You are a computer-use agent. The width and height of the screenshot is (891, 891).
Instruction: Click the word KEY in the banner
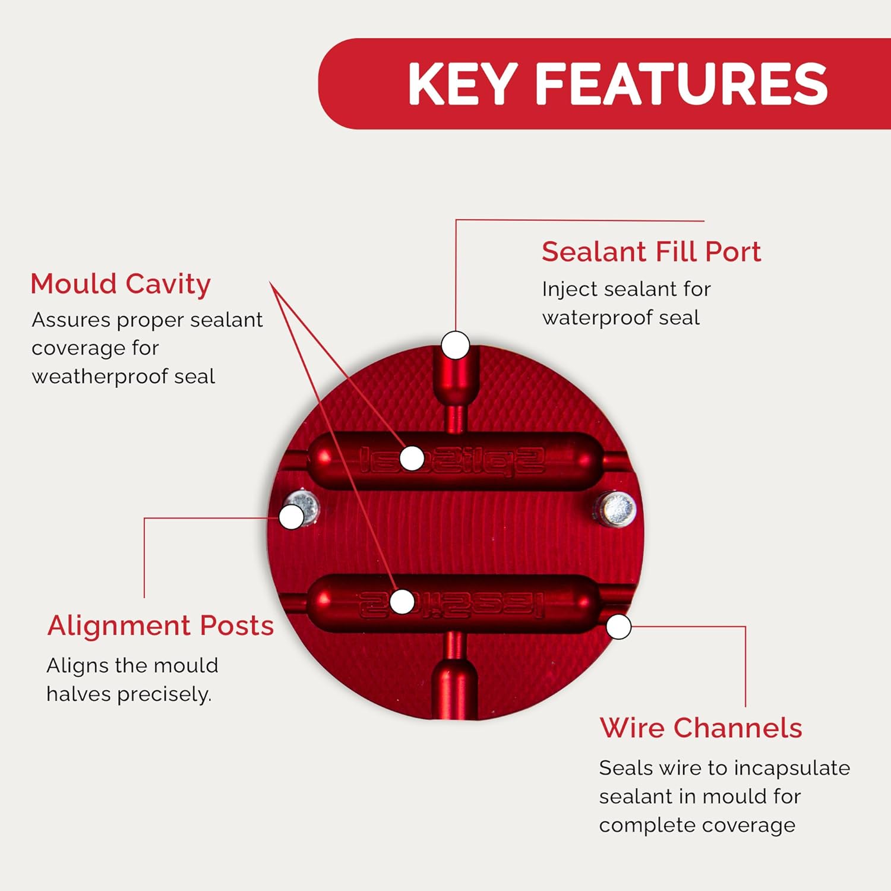coord(462,84)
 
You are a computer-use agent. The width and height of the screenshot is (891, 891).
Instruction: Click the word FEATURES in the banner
coord(681,84)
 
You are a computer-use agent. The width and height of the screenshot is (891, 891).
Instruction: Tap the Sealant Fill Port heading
coord(651,252)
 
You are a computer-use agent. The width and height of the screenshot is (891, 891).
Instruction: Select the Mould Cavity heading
coord(121,284)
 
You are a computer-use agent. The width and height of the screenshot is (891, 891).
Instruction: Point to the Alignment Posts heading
coord(160,625)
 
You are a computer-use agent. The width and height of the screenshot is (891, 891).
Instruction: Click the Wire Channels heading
coord(701,728)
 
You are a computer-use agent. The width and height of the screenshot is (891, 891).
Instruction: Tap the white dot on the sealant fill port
coord(456,345)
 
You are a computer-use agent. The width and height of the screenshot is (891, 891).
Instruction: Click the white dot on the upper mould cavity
coord(412,458)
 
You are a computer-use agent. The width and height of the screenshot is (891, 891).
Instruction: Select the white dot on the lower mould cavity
coord(402,602)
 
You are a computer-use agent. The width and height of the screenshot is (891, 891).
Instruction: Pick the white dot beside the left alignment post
coord(291,517)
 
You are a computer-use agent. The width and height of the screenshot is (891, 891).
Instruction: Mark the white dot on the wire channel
coord(619,627)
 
